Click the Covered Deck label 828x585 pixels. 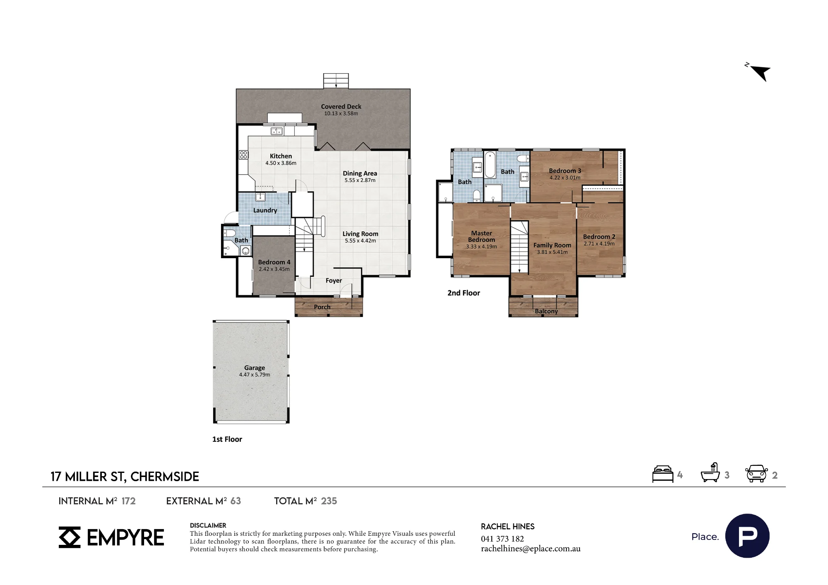coord(341,106)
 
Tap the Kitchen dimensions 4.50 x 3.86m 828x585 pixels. coord(281,163)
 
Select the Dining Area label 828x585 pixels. coord(360,173)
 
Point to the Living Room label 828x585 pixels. coord(360,234)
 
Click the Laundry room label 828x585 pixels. coord(265,210)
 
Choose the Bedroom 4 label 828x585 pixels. coord(274,262)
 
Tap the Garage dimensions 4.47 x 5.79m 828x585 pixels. coord(255,375)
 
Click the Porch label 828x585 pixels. coord(322,307)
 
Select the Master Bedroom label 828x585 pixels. coord(481,236)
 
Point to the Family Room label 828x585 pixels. coord(552,245)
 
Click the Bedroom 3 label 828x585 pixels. coord(565,170)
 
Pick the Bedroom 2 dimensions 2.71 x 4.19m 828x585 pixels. coord(599,244)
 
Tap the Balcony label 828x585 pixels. coord(546,311)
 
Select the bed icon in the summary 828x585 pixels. coord(663,474)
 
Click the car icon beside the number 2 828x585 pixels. coord(756,474)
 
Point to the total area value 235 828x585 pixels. coord(329,501)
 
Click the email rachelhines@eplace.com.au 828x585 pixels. coord(531,549)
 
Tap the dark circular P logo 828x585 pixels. coord(747,536)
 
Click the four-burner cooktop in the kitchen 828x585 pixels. coord(243,155)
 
